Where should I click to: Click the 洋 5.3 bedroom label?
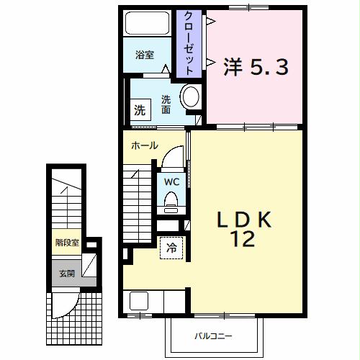coord(256,68)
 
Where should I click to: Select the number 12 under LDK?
coord(243,240)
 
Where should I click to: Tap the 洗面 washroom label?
coord(166,104)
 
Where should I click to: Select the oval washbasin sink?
coord(191,98)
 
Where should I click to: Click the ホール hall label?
coord(144,145)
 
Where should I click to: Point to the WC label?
coord(171,181)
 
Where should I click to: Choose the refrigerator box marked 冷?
coord(171,247)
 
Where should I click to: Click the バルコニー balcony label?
coord(212,336)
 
